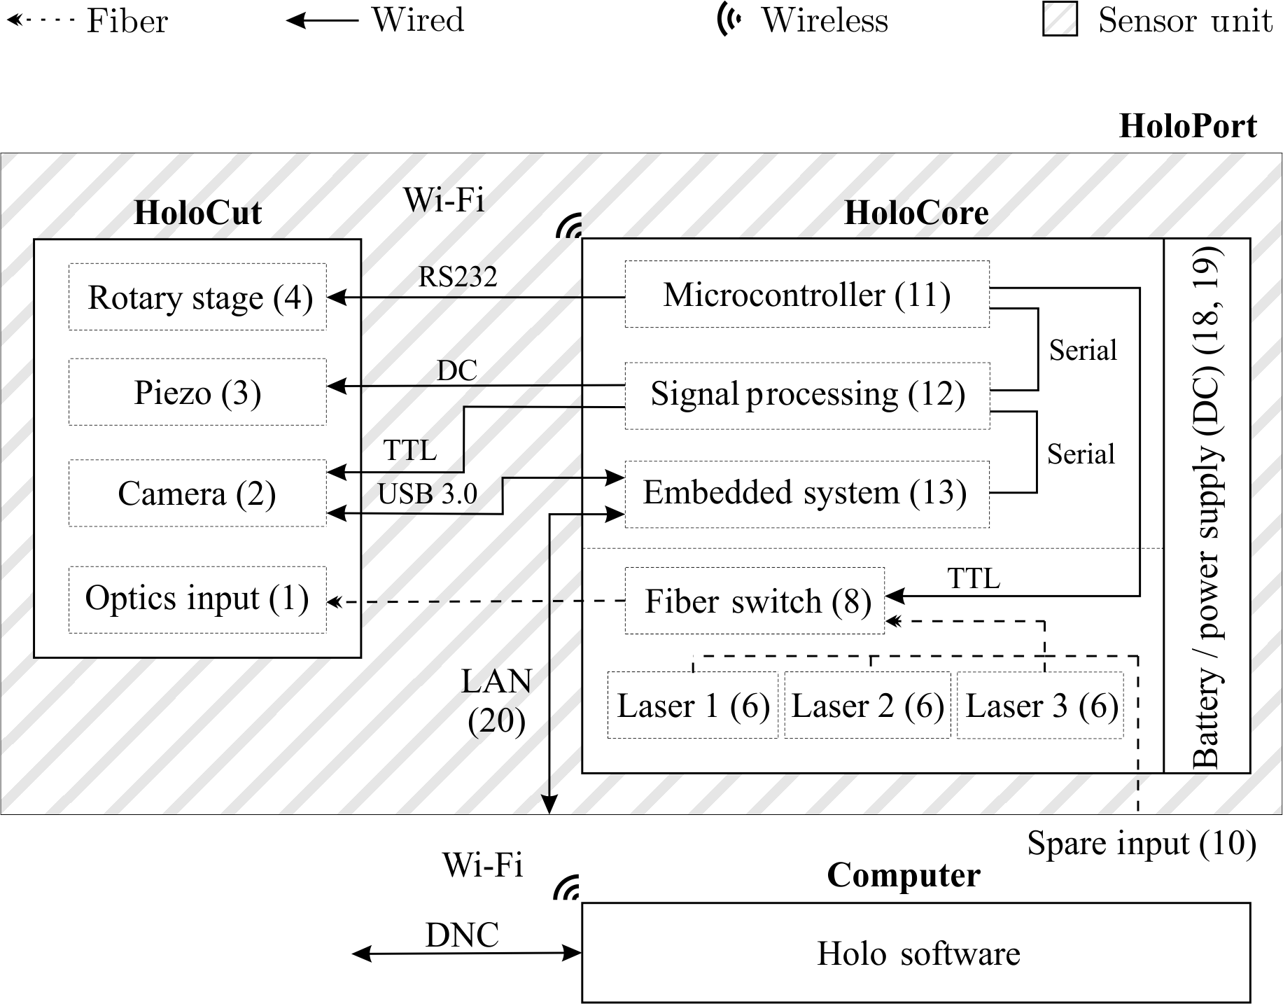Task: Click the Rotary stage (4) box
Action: tap(197, 297)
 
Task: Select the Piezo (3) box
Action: tap(197, 392)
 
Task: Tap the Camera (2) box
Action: tap(197, 493)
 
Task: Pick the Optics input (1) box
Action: tap(197, 600)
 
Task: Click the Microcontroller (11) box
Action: tap(806, 294)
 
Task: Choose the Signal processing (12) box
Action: tap(806, 395)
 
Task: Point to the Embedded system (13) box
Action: tap(806, 494)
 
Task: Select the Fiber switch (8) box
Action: tap(755, 601)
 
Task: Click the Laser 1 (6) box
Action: tap(693, 705)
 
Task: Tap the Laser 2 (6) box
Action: tap(867, 705)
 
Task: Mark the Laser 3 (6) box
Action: tap(1040, 705)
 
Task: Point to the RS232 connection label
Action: tap(458, 277)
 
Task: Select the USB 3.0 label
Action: tap(428, 494)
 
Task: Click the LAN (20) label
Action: tap(497, 700)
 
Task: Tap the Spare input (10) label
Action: tap(1141, 843)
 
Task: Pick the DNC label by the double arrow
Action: tap(462, 935)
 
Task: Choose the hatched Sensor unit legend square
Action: tap(1060, 19)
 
